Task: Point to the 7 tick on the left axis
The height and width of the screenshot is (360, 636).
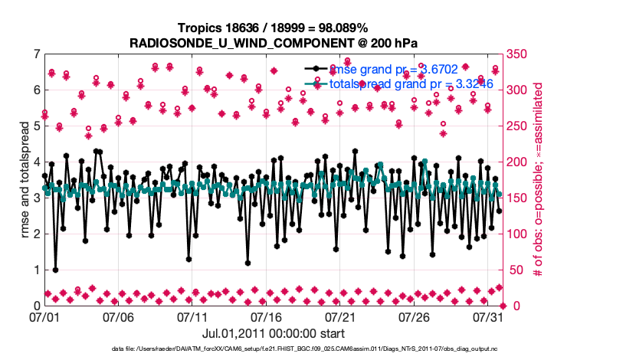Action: click(36, 54)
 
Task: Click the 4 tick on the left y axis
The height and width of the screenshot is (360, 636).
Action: click(36, 162)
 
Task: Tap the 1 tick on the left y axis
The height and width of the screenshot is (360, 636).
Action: click(36, 270)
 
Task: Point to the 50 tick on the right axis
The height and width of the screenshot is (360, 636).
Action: click(514, 270)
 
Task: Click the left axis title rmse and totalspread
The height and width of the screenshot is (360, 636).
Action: click(25, 180)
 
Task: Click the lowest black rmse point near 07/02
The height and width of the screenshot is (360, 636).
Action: click(56, 270)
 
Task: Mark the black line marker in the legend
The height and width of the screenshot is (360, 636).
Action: click(316, 69)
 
